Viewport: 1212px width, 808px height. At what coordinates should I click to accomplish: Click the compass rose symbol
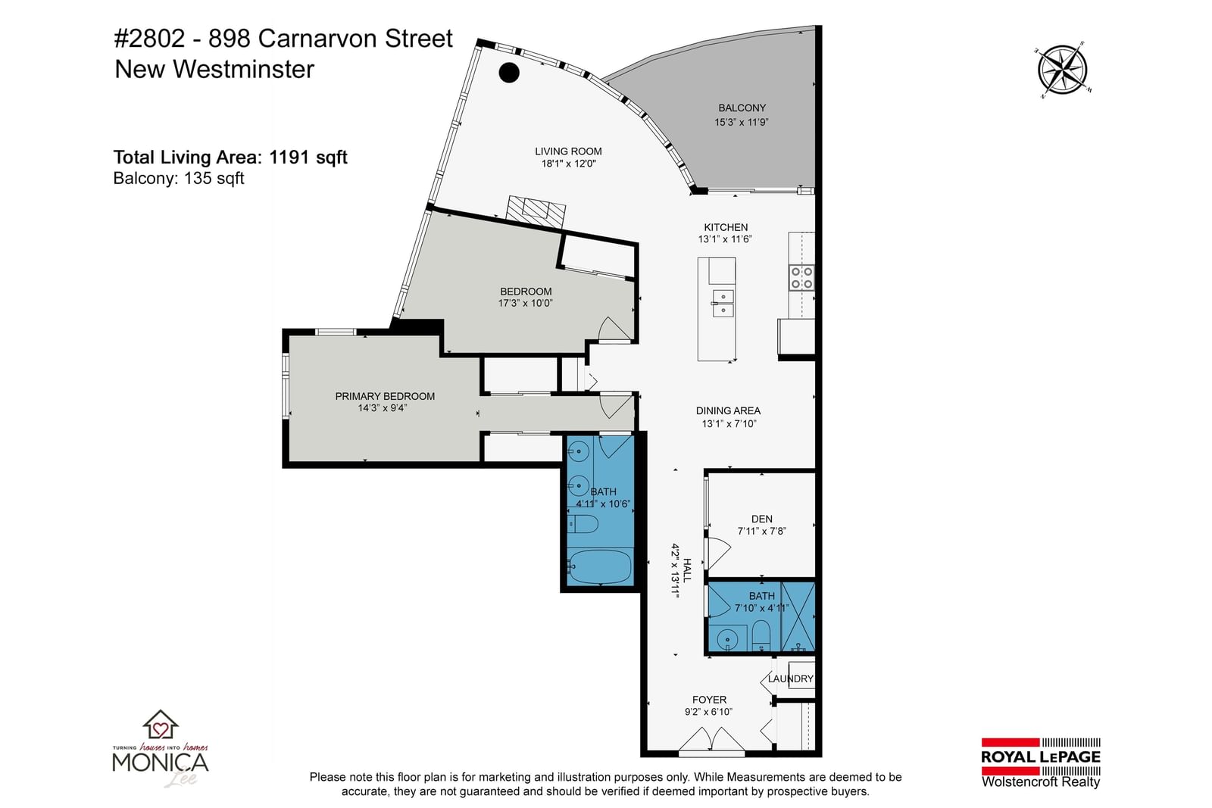click(x=1062, y=70)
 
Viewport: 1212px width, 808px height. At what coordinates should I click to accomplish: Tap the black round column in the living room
click(x=508, y=73)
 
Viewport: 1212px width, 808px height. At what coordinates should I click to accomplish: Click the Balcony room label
click(x=742, y=108)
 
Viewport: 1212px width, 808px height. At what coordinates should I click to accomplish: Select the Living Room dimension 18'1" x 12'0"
click(x=568, y=164)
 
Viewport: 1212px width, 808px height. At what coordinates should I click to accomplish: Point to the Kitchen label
click(x=726, y=227)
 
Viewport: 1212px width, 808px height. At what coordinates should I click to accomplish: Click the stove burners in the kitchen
click(x=801, y=277)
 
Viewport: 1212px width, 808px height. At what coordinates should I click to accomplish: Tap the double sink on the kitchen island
click(x=723, y=304)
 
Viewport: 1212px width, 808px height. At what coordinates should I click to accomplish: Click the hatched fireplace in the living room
click(x=536, y=212)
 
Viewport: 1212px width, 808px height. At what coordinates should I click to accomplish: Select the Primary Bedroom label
click(x=385, y=397)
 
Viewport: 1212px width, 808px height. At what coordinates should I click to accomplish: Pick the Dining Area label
click(x=728, y=411)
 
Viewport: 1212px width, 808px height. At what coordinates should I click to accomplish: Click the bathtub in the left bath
click(x=600, y=566)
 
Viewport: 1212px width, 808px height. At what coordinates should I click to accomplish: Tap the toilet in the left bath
click(x=583, y=523)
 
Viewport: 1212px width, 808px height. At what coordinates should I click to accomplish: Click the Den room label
click(x=762, y=519)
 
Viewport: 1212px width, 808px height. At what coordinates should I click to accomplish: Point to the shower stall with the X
click(x=798, y=616)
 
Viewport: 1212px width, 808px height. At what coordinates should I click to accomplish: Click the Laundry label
click(x=791, y=679)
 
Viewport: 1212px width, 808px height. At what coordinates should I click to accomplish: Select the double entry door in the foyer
click(x=711, y=740)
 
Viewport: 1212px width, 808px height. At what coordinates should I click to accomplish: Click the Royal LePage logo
click(x=1041, y=763)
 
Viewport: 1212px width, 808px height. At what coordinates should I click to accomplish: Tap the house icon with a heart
click(x=160, y=724)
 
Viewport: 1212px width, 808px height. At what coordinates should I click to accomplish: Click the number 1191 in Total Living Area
click(x=289, y=158)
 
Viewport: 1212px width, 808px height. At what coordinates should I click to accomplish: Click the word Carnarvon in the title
click(x=318, y=39)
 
